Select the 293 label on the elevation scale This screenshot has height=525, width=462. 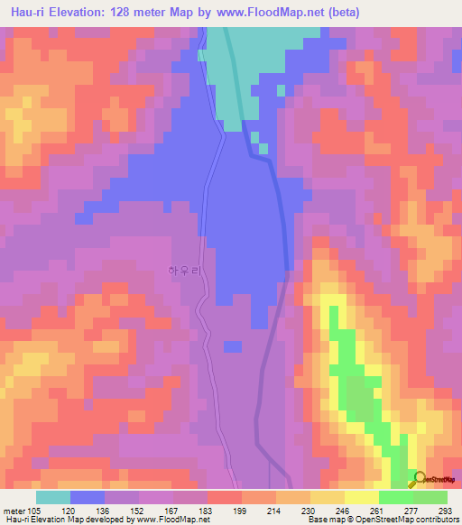pyautogui.click(x=436, y=511)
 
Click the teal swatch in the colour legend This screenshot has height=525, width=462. pyautogui.click(x=53, y=497)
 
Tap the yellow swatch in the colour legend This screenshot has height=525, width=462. pyautogui.click(x=362, y=497)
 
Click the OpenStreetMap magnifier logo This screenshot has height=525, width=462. pyautogui.click(x=419, y=479)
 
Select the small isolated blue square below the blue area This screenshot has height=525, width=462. pyautogui.click(x=232, y=345)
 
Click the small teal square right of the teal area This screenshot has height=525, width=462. pyautogui.click(x=281, y=89)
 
